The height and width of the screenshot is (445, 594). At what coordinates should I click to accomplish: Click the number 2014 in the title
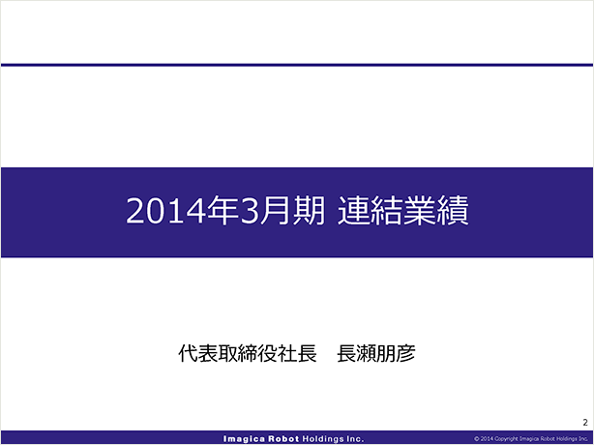tap(166, 211)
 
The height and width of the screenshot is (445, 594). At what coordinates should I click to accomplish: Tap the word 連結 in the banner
tap(371, 211)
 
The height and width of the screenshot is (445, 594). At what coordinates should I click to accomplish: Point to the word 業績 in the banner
tap(436, 211)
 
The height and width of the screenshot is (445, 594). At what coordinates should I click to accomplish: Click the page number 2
tap(585, 423)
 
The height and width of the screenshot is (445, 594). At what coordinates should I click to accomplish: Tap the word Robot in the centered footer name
tap(284, 439)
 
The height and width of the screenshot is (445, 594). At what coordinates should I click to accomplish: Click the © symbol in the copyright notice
tap(477, 439)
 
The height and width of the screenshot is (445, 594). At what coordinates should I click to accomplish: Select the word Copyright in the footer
tap(507, 439)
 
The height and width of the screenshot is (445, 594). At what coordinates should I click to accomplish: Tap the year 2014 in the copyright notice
tap(487, 439)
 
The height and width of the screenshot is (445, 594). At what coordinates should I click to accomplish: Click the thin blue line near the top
tap(297, 65)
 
